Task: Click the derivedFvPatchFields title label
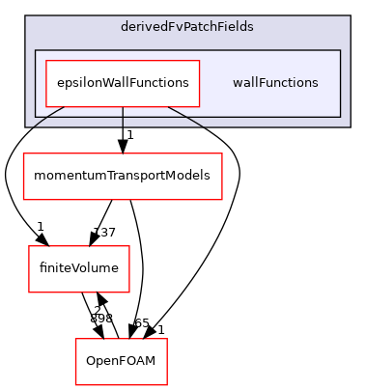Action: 187,27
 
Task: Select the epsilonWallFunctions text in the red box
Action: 123,83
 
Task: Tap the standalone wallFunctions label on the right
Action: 275,83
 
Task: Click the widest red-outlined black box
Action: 123,177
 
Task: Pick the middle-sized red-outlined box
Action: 79,269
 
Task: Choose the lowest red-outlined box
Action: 122,362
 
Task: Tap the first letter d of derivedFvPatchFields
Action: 126,27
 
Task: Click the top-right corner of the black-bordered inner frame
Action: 340,50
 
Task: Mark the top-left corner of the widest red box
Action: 23,153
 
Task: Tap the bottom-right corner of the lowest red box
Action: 167,385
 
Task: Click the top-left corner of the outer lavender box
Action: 26,15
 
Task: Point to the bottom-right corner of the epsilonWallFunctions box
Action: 199,106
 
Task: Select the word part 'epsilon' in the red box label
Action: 77,83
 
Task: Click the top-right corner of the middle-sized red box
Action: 129,246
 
